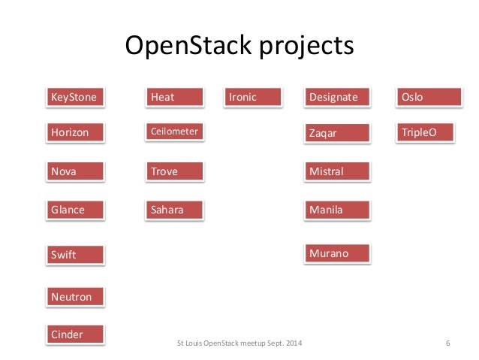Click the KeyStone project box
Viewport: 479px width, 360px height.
[x=75, y=97]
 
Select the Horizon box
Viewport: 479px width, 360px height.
[x=75, y=133]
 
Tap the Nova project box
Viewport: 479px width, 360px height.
[x=75, y=171]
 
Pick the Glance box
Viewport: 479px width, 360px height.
[x=75, y=210]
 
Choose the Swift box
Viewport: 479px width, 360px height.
[x=75, y=255]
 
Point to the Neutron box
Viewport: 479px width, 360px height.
[x=75, y=297]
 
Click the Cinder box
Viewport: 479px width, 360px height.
[x=75, y=334]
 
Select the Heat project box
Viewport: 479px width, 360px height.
[x=175, y=97]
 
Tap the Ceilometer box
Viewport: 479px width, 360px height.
[x=175, y=132]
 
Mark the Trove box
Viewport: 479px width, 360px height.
[x=175, y=171]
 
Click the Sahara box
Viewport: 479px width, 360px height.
[x=175, y=210]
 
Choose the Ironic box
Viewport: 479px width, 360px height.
[x=253, y=97]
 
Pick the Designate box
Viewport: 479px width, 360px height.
[x=337, y=97]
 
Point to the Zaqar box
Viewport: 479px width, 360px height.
[x=337, y=133]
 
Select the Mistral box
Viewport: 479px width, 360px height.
[x=337, y=171]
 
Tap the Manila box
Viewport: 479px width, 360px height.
[x=337, y=210]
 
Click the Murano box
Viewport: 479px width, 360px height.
[x=337, y=253]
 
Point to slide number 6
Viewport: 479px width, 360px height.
[x=447, y=344]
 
